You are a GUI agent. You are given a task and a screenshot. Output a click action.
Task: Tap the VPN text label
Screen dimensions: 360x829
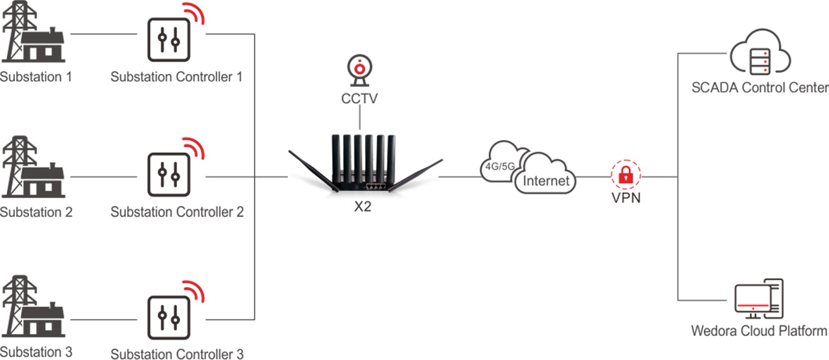(x=625, y=198)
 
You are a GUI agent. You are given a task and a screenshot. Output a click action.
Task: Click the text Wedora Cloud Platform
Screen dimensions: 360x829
(x=759, y=331)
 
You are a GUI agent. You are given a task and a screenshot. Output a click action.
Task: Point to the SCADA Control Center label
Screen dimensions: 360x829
(x=760, y=88)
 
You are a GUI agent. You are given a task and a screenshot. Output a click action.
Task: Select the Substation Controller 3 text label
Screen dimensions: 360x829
(x=177, y=353)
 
